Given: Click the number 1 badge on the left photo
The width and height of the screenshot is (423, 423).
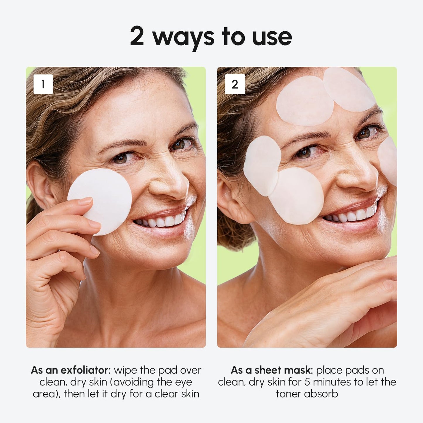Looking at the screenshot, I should click(x=43, y=84).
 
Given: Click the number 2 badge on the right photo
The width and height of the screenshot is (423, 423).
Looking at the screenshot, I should click(x=235, y=84).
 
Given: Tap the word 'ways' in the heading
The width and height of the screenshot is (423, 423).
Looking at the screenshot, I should click(x=183, y=37).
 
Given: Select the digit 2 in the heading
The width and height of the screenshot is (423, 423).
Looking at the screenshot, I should click(x=137, y=36).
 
